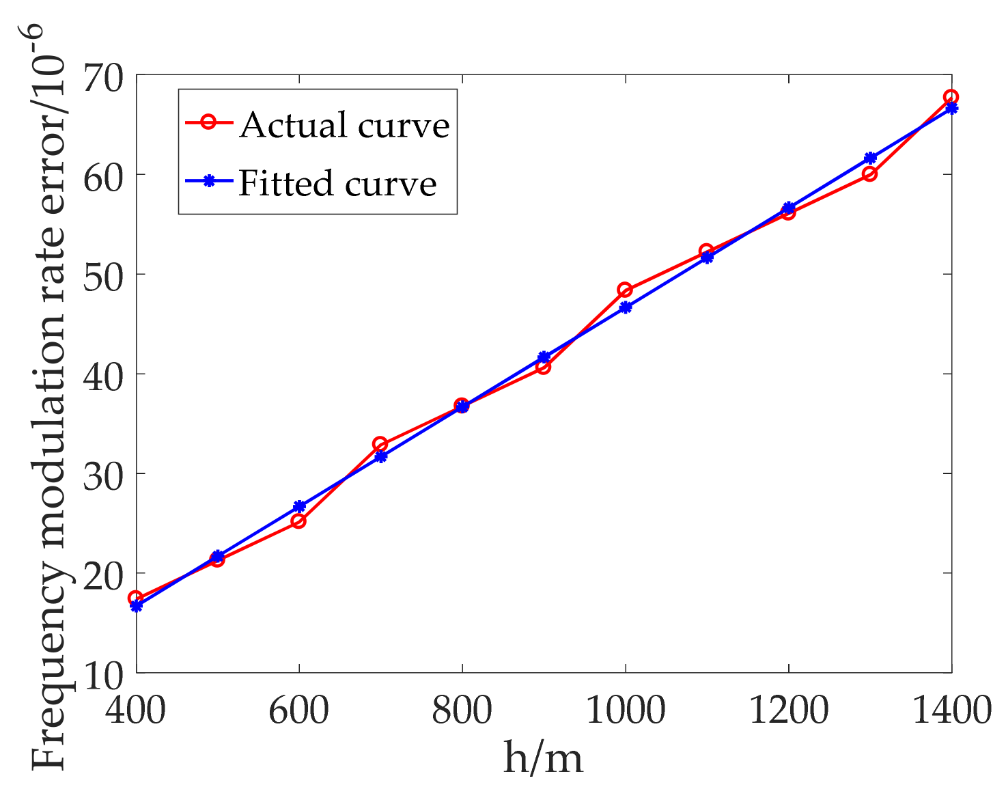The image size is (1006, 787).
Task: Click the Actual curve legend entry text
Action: [344, 125]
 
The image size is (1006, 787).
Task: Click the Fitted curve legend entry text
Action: [337, 183]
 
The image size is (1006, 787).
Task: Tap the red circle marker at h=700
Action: [380, 445]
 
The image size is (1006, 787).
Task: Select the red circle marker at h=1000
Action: [625, 290]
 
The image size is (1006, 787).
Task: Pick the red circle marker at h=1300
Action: [869, 174]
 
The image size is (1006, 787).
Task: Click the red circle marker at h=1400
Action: [951, 97]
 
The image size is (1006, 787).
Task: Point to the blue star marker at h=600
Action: [299, 506]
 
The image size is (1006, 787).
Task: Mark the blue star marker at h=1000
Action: [626, 307]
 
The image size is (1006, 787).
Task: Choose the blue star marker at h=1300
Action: [870, 158]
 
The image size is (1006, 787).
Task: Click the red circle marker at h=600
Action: [298, 521]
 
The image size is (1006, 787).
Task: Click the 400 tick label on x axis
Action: [136, 710]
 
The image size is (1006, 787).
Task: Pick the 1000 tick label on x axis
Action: [626, 710]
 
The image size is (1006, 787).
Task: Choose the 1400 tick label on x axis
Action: [951, 710]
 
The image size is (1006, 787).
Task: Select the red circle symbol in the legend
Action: [210, 123]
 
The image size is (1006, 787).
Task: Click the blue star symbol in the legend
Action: [210, 181]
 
